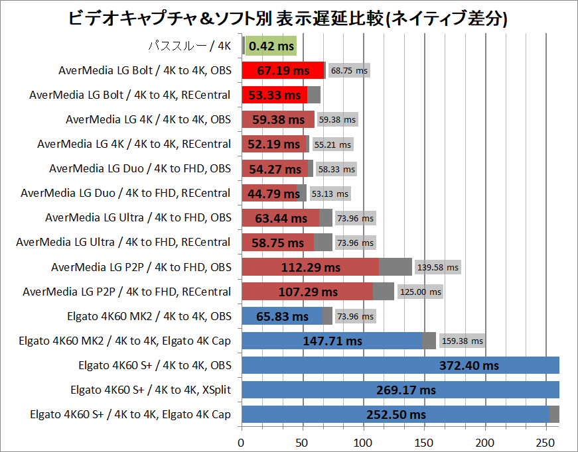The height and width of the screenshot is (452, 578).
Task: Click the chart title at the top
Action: [288, 19]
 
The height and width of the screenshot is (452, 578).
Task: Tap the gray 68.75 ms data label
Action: [348, 70]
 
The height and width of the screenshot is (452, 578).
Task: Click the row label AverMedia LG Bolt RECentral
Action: [130, 95]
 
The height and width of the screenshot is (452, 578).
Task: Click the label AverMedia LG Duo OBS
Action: [140, 168]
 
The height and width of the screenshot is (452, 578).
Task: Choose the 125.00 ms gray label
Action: [420, 292]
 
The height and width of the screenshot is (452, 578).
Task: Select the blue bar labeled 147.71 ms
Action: [332, 341]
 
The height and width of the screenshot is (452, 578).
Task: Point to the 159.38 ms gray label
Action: [462, 341]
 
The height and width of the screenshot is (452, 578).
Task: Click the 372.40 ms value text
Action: [469, 365]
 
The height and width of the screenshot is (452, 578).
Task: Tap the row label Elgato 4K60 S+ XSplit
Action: [151, 390]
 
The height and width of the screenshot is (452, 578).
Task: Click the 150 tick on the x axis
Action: [425, 442]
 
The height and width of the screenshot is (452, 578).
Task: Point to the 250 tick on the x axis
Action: [547, 442]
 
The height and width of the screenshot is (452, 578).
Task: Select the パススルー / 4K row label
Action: [188, 46]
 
